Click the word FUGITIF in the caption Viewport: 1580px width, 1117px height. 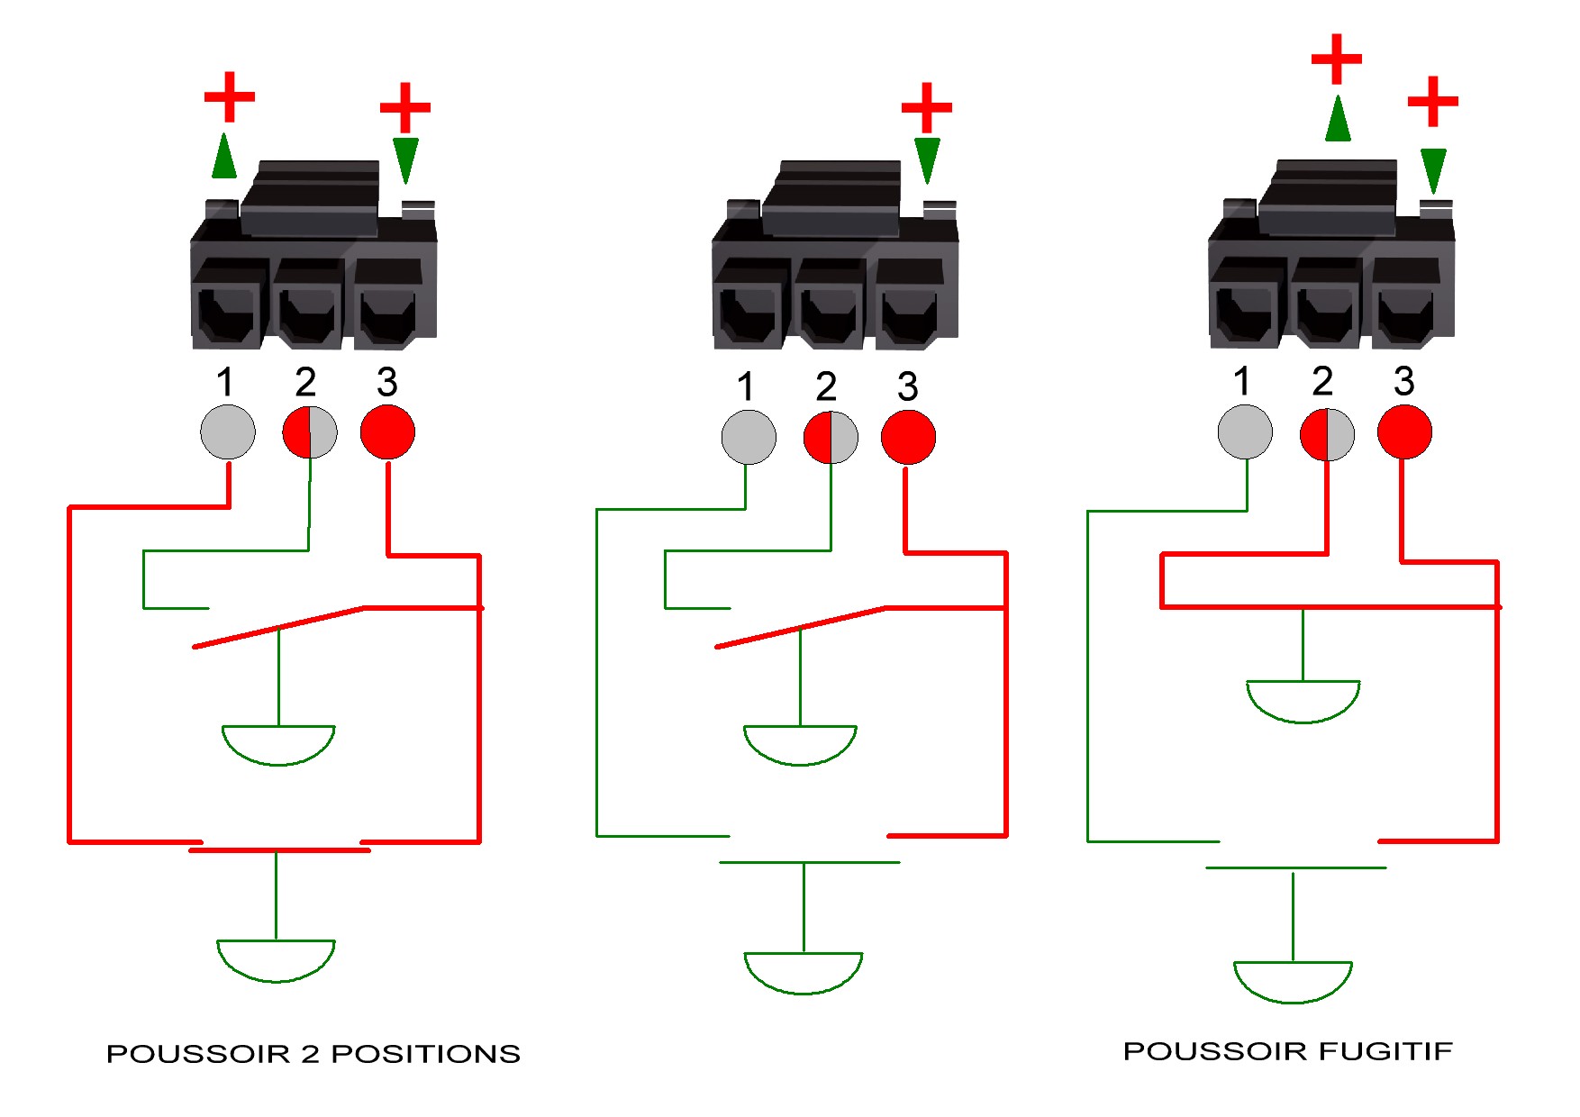tap(1385, 1051)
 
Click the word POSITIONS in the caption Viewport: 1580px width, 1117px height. tap(426, 1054)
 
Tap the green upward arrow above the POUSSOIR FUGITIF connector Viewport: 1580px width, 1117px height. tap(1338, 118)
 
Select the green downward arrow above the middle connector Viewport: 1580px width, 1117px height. tap(927, 160)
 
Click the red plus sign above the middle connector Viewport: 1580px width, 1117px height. tap(927, 108)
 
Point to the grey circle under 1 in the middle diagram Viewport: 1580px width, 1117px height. tap(749, 437)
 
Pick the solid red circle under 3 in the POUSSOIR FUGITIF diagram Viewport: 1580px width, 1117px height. tap(1404, 431)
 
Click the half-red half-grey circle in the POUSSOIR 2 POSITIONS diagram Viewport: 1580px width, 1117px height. tap(310, 432)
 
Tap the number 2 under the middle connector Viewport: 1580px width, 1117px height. tap(826, 386)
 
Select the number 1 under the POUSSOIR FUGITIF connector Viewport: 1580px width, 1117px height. tap(1242, 381)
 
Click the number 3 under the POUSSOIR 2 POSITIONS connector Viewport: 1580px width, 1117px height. tap(386, 382)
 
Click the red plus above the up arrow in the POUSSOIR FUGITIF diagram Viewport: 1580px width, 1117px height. tap(1337, 59)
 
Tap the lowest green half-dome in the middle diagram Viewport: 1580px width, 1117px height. tap(803, 973)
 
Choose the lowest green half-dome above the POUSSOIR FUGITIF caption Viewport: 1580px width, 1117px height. tap(1293, 982)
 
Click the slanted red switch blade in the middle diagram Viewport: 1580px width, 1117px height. tap(801, 627)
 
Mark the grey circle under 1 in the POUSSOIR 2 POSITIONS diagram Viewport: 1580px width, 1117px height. tap(227, 431)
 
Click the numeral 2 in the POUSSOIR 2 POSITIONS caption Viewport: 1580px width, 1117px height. tap(310, 1054)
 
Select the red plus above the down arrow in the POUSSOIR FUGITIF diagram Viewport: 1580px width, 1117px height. tap(1433, 101)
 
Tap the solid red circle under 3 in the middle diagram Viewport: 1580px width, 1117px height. tap(908, 437)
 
